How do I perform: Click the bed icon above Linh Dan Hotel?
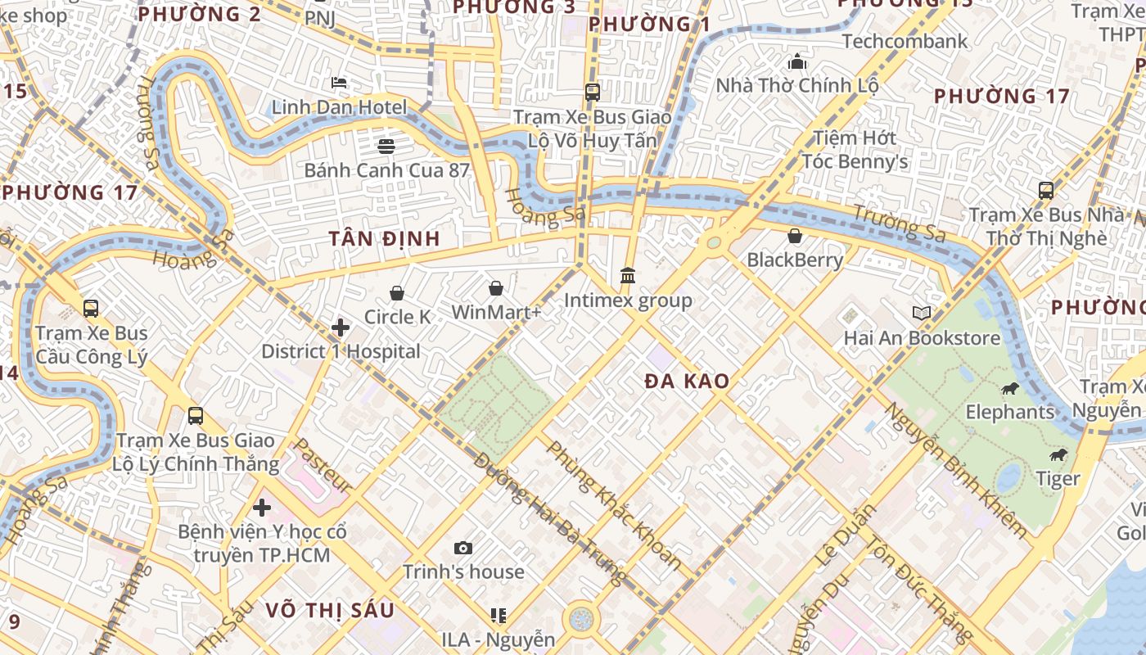[339, 83]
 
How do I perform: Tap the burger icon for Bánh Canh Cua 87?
[386, 146]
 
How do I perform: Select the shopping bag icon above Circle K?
[397, 293]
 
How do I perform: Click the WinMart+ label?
[496, 313]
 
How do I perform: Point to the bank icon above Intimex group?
[628, 275]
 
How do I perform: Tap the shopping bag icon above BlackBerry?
[794, 236]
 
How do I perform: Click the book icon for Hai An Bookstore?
[922, 313]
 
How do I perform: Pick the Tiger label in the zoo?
[1058, 478]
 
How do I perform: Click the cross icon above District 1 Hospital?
[341, 327]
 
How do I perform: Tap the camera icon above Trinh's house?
[463, 548]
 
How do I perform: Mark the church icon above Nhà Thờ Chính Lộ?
[796, 61]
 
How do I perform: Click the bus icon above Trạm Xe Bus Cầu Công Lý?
[91, 309]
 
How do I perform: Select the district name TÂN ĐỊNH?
[385, 239]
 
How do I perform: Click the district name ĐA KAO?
[686, 381]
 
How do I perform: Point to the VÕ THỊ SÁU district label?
[330, 610]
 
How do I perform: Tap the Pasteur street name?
[323, 466]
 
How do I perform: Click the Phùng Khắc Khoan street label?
[614, 505]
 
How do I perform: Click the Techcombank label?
[904, 41]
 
